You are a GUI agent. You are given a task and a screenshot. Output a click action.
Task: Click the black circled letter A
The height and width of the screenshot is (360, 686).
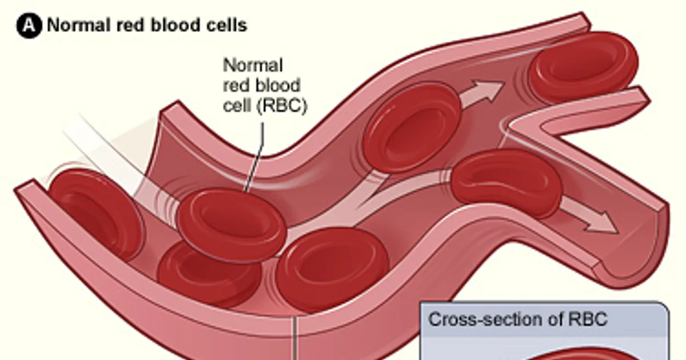(x=29, y=25)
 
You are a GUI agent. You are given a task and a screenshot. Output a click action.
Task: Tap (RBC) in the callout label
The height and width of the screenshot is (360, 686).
(x=282, y=106)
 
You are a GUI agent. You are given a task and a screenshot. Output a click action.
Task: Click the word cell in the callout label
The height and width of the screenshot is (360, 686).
(x=238, y=105)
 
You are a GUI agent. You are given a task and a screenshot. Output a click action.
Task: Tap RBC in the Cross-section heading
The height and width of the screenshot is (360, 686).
(x=588, y=319)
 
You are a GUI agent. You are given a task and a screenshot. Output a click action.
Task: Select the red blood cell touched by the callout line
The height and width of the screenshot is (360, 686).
(x=232, y=226)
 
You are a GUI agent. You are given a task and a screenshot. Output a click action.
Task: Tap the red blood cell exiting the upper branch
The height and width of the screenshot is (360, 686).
(x=584, y=66)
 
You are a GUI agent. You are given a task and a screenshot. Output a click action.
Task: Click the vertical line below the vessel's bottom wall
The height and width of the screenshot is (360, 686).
(x=295, y=338)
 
